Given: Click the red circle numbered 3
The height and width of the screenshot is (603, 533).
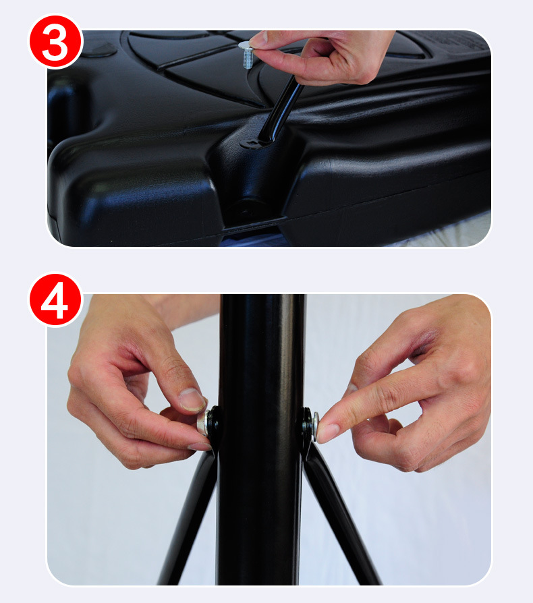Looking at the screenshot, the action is click(56, 41).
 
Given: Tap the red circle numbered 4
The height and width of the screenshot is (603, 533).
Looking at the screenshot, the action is click(56, 299).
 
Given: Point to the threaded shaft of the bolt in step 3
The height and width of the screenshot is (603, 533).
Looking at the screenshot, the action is click(248, 59).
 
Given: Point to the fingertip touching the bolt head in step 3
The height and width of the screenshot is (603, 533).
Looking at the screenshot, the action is click(258, 40).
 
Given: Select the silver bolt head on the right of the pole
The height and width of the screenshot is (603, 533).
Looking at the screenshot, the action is click(315, 426).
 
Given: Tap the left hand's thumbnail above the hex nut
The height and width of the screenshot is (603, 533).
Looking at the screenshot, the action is click(192, 400).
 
